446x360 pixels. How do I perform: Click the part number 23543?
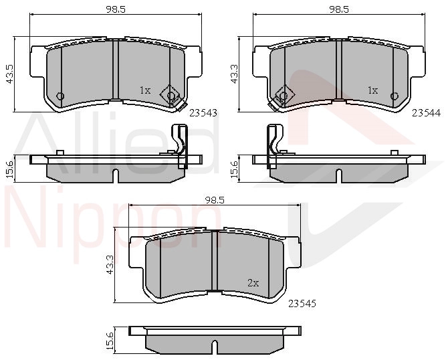[203, 113]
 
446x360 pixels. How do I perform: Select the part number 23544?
[427, 113]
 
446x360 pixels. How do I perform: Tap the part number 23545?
[302, 304]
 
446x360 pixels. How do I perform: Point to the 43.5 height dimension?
[10, 74]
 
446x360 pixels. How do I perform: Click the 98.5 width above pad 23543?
[116, 9]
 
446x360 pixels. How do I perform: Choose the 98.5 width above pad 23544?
[339, 9]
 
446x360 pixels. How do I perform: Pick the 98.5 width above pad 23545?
[215, 200]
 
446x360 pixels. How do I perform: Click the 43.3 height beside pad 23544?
[235, 74]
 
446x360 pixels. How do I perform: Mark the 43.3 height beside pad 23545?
[110, 265]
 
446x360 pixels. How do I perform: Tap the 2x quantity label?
[253, 283]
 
